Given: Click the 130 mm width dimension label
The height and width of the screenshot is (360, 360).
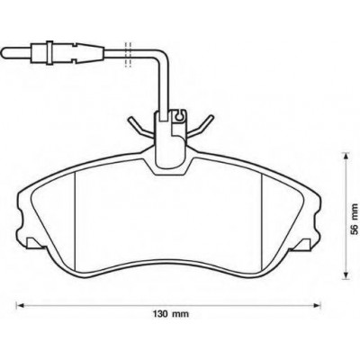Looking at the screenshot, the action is coord(172,322).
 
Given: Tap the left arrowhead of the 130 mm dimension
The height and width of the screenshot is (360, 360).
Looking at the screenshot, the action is coord(19,306).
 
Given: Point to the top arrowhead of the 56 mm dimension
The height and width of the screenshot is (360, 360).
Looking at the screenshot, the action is coord(346,156).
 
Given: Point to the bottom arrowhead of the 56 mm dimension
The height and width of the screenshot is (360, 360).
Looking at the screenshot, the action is coord(346,275).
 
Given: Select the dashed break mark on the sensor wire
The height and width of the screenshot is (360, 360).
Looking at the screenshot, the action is coord(128,54).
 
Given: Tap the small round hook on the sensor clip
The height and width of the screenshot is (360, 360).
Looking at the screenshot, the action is coord(179,116).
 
